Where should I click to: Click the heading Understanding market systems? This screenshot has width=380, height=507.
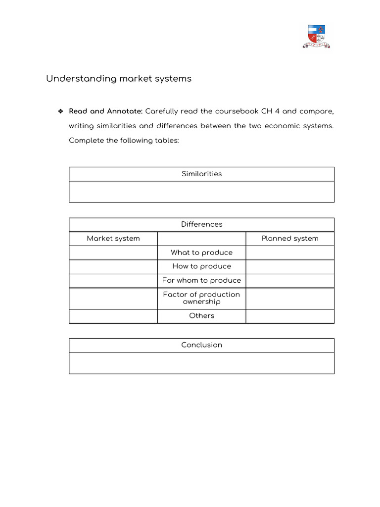coord(119,79)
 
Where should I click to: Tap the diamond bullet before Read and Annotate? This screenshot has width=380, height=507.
coord(60,111)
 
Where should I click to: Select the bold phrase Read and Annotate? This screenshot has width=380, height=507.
coord(105,111)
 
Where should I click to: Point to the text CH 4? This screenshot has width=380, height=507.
coord(270,111)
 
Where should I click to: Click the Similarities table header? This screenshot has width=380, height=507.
coord(201,174)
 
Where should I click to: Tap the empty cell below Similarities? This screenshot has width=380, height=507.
coord(201,192)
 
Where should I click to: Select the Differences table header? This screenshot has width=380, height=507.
coord(201,224)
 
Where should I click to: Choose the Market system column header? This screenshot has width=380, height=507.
coord(113,239)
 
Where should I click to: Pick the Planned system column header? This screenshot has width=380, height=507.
coord(290,239)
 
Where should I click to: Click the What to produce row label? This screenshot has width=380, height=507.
coord(201,253)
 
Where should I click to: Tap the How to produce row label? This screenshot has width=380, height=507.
coord(201,266)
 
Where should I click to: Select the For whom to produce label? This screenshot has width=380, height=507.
coord(201,280)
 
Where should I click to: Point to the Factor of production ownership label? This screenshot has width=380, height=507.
coord(201,298)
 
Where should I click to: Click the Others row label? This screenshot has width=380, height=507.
coord(201,316)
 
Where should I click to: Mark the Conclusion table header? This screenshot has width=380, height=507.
coord(201,345)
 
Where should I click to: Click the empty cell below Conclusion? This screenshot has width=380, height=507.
coord(201,363)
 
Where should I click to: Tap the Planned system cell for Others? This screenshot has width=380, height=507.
coord(290,316)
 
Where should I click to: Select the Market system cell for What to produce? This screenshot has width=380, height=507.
coord(113,253)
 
